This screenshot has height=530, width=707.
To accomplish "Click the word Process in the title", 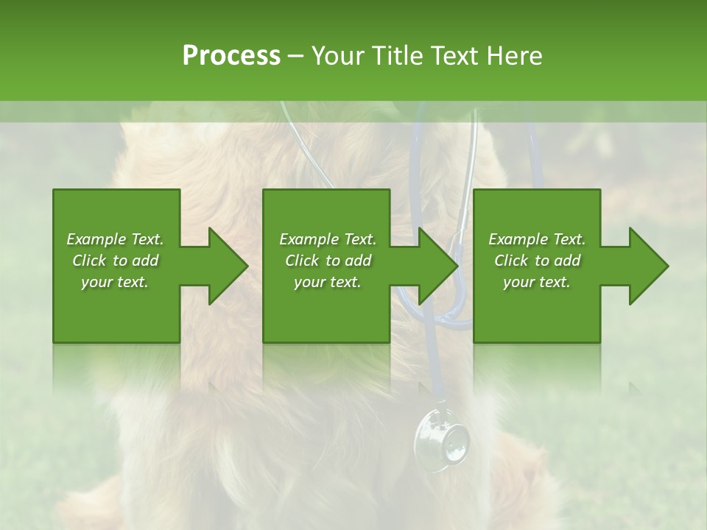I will [x=231, y=56].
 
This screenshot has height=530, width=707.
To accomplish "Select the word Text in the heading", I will [x=454, y=56].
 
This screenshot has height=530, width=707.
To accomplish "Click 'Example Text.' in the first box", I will [x=116, y=239].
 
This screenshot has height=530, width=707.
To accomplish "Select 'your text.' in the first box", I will [x=116, y=282].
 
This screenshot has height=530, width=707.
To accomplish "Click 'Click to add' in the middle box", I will [x=328, y=261].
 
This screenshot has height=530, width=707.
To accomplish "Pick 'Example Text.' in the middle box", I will [x=328, y=239].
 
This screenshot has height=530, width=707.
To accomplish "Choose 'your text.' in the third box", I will [x=537, y=282].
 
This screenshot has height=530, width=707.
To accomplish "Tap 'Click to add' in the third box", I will [x=537, y=261].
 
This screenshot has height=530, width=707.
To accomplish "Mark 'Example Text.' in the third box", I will [x=537, y=239].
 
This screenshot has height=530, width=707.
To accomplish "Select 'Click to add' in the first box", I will [x=116, y=261].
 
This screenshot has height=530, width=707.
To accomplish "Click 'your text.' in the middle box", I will [x=328, y=282].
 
